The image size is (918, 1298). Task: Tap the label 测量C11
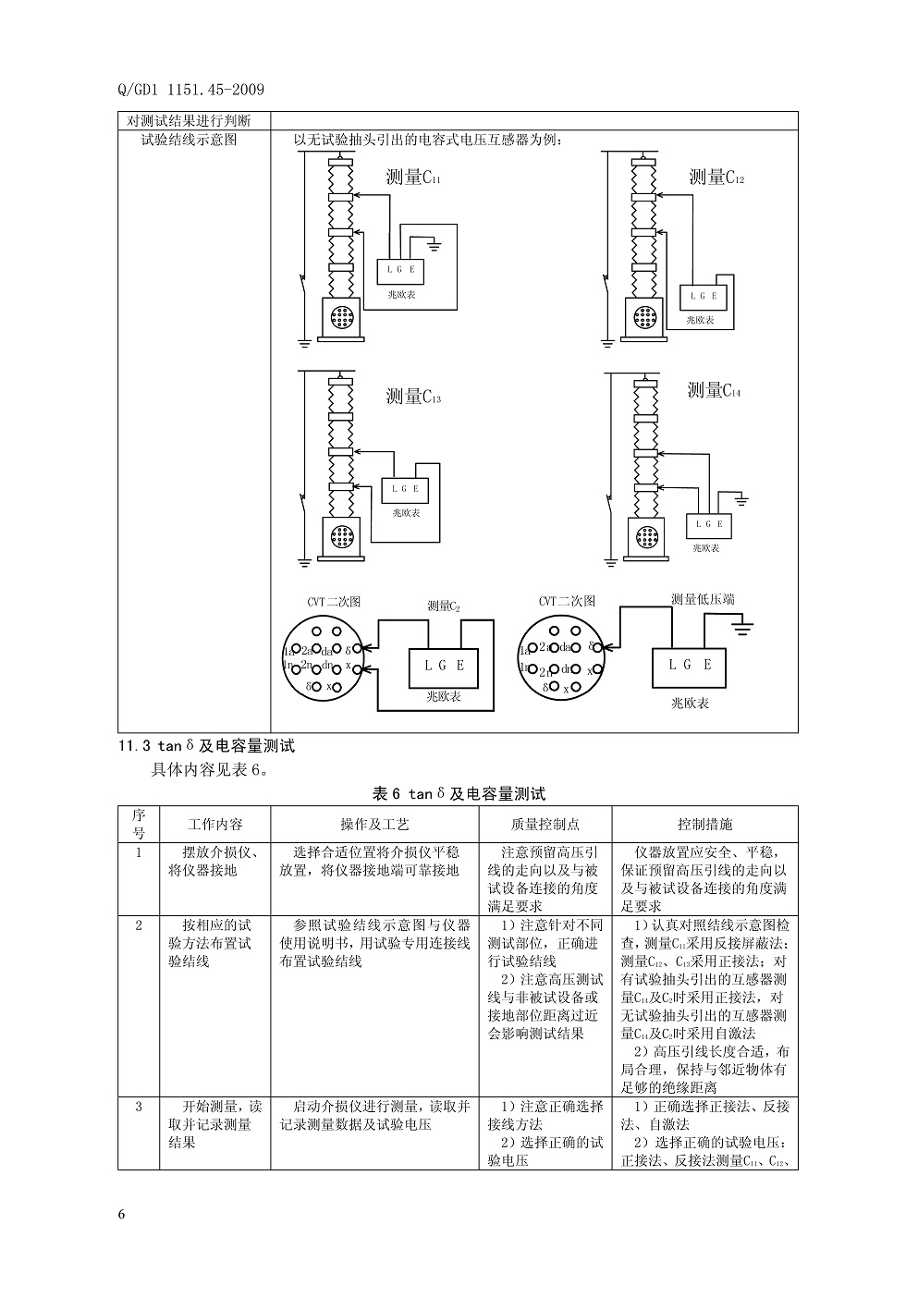pyautogui.click(x=413, y=177)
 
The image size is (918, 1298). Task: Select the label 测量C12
pyautogui.click(x=716, y=177)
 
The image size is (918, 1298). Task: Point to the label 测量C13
pyautogui.click(x=413, y=397)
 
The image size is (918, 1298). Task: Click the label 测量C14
pyautogui.click(x=715, y=390)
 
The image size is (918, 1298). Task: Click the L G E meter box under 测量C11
pyautogui.click(x=400, y=270)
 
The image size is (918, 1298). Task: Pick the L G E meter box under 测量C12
pyautogui.click(x=704, y=297)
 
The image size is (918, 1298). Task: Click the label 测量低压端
pyautogui.click(x=703, y=599)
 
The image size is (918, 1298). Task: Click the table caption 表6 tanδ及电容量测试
pyautogui.click(x=459, y=793)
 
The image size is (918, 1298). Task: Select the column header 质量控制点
pyautogui.click(x=545, y=824)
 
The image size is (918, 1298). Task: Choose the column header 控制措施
pyautogui.click(x=704, y=824)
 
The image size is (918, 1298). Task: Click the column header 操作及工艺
pyautogui.click(x=374, y=824)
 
